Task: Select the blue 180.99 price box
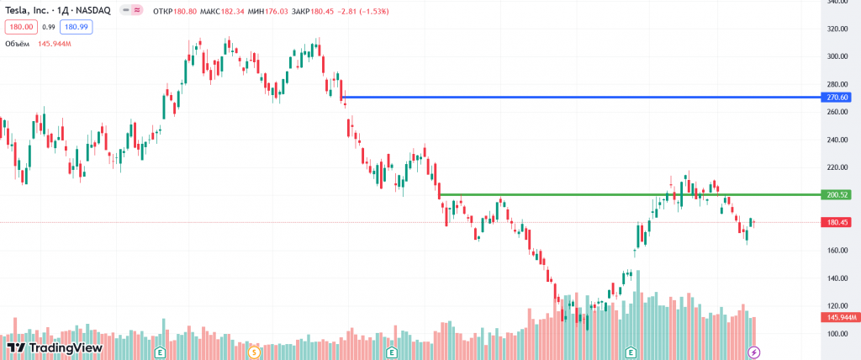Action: point(77,27)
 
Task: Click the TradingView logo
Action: point(54,347)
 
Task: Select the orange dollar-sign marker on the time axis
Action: point(253,352)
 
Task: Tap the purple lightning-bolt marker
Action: point(754,352)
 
